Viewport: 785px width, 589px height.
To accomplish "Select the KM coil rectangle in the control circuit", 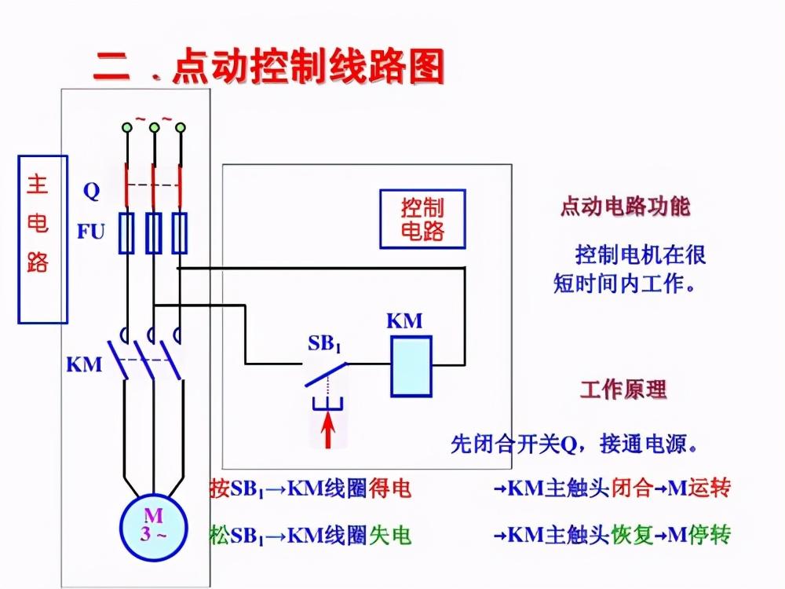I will pyautogui.click(x=411, y=365).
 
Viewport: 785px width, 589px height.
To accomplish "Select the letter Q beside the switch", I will pyautogui.click(x=92, y=190).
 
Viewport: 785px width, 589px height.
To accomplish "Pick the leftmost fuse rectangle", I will pyautogui.click(x=126, y=232).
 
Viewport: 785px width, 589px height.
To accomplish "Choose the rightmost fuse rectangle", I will pyautogui.click(x=180, y=232).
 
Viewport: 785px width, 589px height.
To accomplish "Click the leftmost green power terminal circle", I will pyautogui.click(x=126, y=126).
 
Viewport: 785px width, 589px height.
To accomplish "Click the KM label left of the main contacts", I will pyautogui.click(x=84, y=364).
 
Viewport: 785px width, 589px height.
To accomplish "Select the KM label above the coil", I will pyautogui.click(x=404, y=320).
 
